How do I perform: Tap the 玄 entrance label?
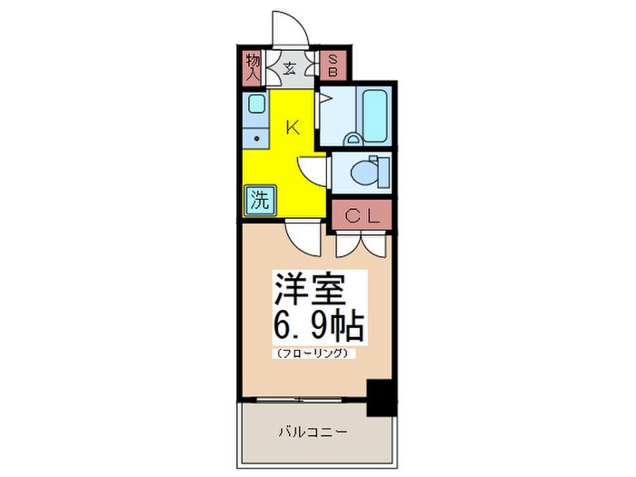click(290, 67)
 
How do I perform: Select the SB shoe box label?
click(333, 65)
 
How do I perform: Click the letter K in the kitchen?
click(293, 127)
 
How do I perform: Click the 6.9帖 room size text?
click(317, 324)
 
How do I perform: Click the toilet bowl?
click(371, 170)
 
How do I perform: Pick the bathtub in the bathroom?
click(374, 116)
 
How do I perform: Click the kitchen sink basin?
click(255, 104)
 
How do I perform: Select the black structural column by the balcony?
click(382, 396)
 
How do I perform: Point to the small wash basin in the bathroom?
click(354, 136)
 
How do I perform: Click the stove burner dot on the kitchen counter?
click(257, 139)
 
